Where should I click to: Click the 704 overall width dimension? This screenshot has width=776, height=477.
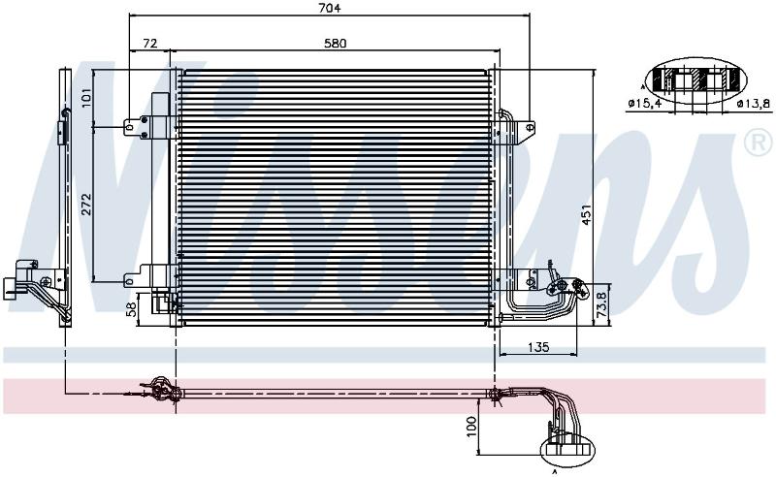(x=329, y=8)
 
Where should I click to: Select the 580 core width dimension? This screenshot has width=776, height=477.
(x=335, y=44)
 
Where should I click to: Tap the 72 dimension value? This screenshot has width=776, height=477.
(x=150, y=44)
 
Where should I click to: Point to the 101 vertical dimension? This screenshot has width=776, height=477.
(x=85, y=98)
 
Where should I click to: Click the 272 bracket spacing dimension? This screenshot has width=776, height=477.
(x=86, y=204)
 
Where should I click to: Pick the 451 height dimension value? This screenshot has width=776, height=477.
(x=587, y=214)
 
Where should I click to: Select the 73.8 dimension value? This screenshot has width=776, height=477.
(x=601, y=304)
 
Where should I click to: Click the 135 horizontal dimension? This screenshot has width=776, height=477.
(x=538, y=347)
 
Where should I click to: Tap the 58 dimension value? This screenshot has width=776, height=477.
(x=131, y=309)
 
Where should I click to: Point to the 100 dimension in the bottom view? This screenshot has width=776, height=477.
(x=471, y=427)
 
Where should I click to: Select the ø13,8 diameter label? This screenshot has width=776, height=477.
(x=754, y=104)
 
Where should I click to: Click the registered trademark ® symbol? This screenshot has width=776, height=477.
(x=759, y=142)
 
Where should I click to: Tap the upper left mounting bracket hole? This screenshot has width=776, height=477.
(x=129, y=127)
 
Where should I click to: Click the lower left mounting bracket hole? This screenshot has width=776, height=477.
(x=129, y=281)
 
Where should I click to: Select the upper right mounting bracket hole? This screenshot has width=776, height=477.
(x=530, y=127)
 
